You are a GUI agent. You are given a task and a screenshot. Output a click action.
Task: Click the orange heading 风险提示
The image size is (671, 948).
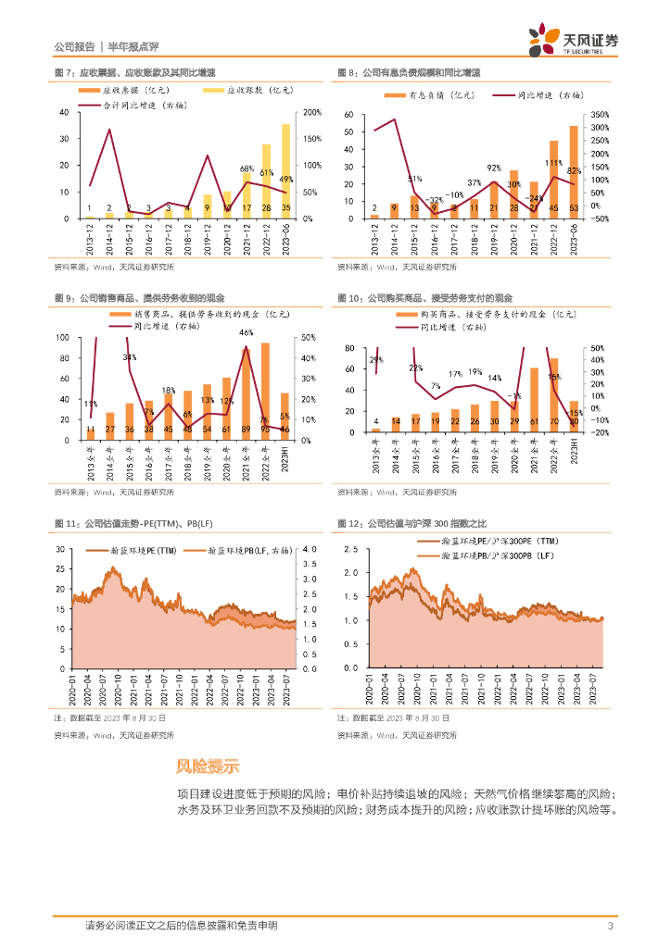click(x=208, y=767)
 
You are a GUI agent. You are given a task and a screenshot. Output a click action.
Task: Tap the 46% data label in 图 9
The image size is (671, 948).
click(x=246, y=332)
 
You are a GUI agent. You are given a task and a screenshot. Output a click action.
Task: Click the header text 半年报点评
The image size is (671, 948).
click(x=135, y=46)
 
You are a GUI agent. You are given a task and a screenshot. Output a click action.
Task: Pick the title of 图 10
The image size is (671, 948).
click(x=424, y=298)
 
